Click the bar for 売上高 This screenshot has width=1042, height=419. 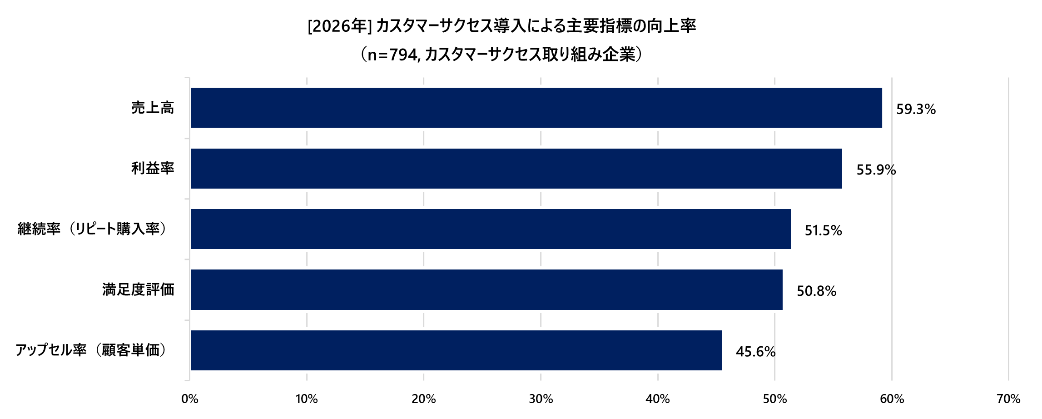point(536,108)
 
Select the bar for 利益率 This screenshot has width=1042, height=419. point(516,169)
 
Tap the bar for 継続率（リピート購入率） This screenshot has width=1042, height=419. point(491,229)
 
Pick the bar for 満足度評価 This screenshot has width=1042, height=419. point(486,289)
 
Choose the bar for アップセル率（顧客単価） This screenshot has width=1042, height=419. point(456,350)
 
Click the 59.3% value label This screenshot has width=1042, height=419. point(916,110)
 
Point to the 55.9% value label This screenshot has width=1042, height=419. point(876,170)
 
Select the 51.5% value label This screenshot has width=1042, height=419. point(823,231)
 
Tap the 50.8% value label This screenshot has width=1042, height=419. point(816,291)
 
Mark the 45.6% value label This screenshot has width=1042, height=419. point(755,352)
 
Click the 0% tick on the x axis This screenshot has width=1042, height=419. point(189,399)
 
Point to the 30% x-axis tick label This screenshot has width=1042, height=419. point(541,399)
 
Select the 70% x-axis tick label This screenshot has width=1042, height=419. point(1008,399)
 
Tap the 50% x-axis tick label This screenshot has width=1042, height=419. point(774,399)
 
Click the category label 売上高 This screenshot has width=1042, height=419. point(153,108)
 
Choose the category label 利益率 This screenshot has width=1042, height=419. point(153,169)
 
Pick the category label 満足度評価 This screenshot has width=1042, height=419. point(138,289)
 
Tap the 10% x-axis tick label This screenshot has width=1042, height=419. point(307,399)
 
